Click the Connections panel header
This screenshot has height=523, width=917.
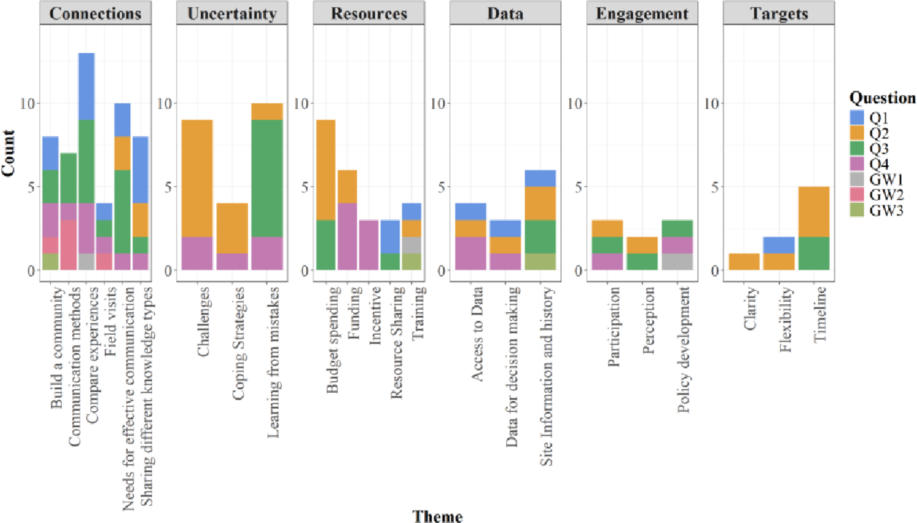click(x=95, y=13)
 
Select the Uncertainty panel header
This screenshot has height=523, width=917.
click(x=232, y=13)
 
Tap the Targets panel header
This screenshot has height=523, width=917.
click(x=779, y=13)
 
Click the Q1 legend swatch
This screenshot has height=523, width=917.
click(x=857, y=117)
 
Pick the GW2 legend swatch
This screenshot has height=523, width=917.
click(x=857, y=195)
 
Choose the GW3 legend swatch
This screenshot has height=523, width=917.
click(x=857, y=210)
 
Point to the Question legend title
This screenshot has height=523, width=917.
click(x=882, y=98)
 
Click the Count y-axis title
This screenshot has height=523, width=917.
click(x=9, y=153)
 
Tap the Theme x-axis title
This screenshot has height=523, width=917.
click(x=438, y=516)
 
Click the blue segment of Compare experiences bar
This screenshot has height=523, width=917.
click(x=86, y=86)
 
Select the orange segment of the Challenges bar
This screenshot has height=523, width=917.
click(x=197, y=178)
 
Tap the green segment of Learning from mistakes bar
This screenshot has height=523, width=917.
click(x=267, y=178)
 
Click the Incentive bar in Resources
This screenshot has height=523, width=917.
click(x=369, y=245)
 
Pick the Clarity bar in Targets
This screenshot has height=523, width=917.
click(x=744, y=261)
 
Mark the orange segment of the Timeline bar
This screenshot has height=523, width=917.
click(x=814, y=211)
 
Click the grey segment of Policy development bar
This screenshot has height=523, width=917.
click(x=677, y=261)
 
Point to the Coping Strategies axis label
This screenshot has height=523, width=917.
click(x=238, y=343)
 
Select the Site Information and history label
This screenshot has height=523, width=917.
click(x=547, y=376)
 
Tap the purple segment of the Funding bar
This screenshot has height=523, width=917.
click(x=347, y=236)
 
